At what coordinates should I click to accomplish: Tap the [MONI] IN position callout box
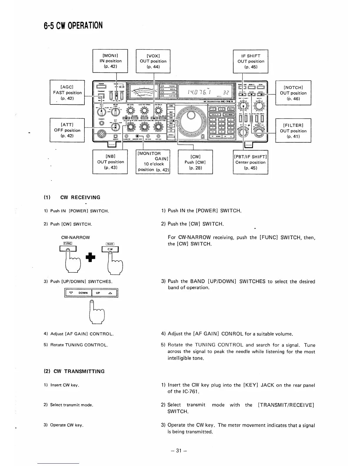pos(110,61)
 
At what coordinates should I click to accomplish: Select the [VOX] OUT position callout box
pos(153,61)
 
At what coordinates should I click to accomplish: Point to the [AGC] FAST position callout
pos(67,92)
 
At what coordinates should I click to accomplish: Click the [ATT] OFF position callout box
pos(67,130)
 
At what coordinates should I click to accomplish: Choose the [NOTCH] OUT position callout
pos(293,93)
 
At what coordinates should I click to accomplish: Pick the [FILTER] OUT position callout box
pos(293,131)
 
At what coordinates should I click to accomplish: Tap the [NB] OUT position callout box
pos(110,162)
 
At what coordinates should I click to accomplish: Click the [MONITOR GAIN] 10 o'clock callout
pos(153,162)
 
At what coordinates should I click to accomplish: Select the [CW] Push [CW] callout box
pos(195,162)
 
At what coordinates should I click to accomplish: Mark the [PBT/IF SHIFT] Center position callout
pos(250,162)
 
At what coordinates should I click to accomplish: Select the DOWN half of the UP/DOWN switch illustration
pos(78,293)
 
